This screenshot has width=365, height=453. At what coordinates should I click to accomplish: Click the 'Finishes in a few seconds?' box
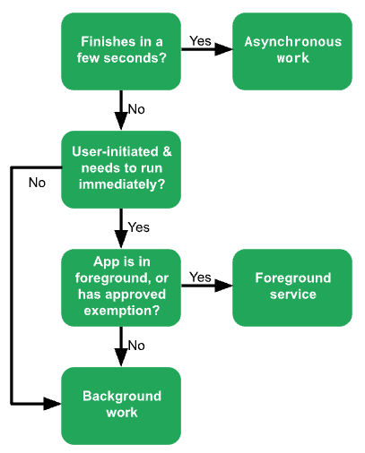[121, 49]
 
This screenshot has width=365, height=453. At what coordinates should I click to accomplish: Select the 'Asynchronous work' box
[292, 49]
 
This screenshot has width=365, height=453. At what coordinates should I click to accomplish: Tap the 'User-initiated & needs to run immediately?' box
[121, 168]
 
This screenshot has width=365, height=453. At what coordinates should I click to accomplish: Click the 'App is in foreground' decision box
[121, 287]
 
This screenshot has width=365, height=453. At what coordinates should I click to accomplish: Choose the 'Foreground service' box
[292, 287]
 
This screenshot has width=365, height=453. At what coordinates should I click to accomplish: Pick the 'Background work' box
[121, 405]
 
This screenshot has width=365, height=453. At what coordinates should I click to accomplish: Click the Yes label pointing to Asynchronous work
[200, 41]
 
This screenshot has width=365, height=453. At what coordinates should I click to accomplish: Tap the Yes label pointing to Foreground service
[200, 278]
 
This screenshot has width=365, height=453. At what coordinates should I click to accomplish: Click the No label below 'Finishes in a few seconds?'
[136, 109]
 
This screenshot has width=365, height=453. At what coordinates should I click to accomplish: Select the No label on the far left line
[37, 183]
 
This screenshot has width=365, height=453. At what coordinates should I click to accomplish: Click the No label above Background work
[136, 345]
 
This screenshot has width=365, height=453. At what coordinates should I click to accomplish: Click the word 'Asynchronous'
[292, 42]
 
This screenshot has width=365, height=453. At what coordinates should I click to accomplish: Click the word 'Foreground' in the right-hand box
[292, 278]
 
